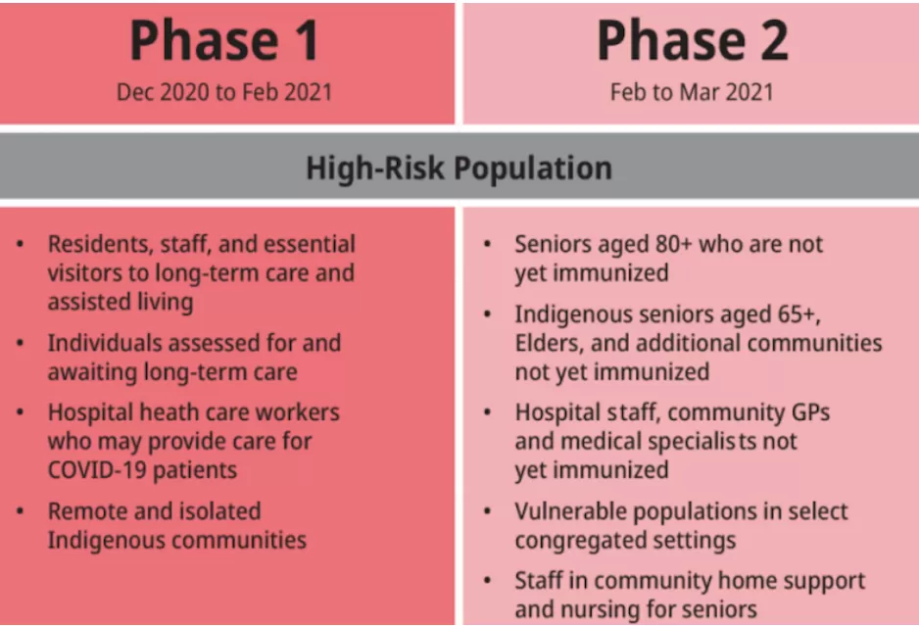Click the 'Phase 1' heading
click(224, 40)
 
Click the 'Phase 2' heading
click(692, 40)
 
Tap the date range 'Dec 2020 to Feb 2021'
click(224, 92)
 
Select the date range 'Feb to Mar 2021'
click(692, 92)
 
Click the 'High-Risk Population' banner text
click(459, 169)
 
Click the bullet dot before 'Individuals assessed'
click(21, 343)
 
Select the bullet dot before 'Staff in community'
click(488, 581)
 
